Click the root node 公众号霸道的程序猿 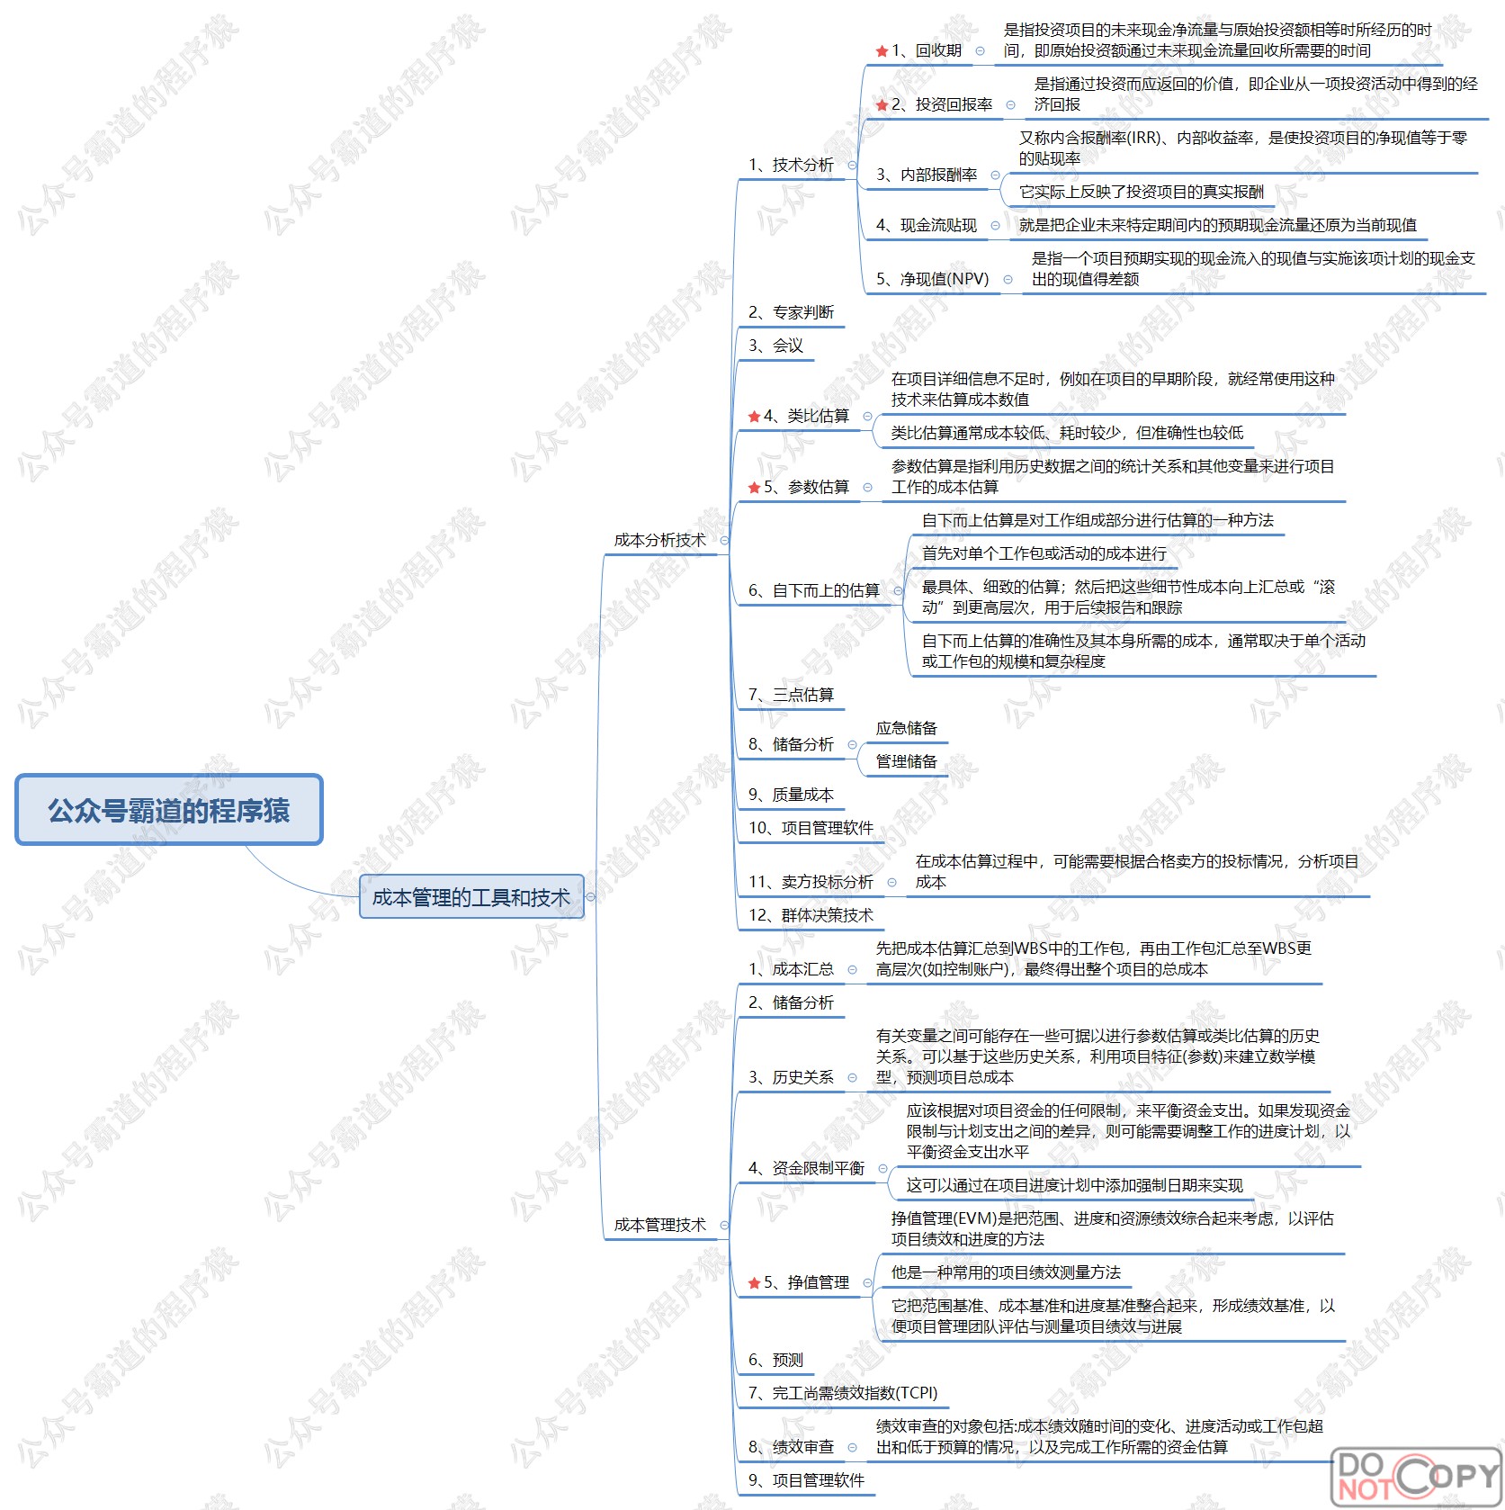pos(169,810)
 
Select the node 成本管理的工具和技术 pos(470,897)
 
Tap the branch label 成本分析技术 pos(659,540)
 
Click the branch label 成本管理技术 pos(659,1225)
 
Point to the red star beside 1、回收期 pos(882,51)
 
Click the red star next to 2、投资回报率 pos(882,105)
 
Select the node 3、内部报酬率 pos(927,175)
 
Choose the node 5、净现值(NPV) pos(932,279)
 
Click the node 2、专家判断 pos(791,312)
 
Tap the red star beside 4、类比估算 pos(754,417)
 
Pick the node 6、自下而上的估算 pos(813,590)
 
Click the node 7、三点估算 pos(791,695)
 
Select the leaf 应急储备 pos(906,728)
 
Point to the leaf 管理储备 pos(906,761)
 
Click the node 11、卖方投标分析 pos(811,882)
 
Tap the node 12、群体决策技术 pos(811,915)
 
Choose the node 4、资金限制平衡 pos(806,1168)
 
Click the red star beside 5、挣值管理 pos(754,1283)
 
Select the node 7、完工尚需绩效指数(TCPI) pos(843,1393)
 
